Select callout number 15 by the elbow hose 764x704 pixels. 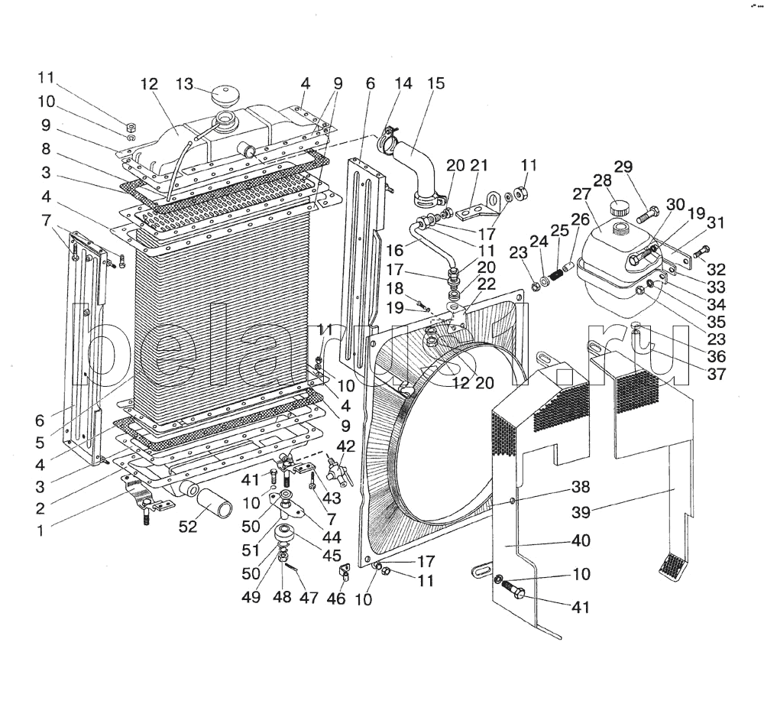[x=436, y=84]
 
